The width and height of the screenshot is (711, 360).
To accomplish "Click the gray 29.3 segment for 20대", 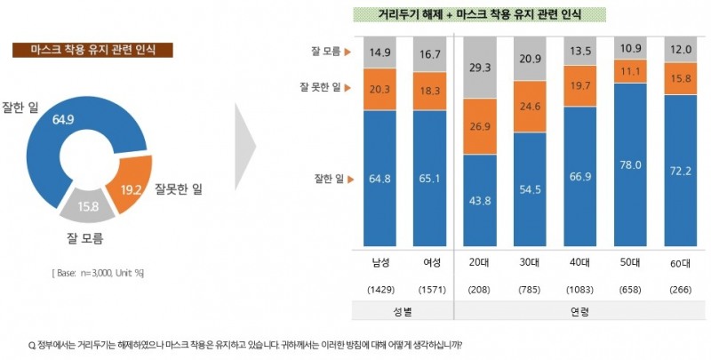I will point(481,68).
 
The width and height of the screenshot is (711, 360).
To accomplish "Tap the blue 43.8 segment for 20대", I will point(481,201).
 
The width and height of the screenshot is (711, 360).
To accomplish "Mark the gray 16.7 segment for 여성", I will point(429,54).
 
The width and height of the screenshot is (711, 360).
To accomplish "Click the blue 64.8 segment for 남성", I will point(380,179).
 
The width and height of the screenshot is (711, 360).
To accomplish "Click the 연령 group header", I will point(580,311).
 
